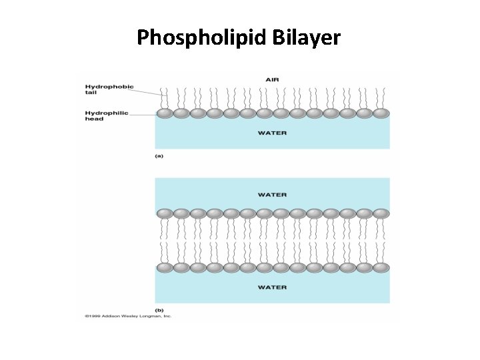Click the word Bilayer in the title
[307, 37]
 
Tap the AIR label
[272, 79]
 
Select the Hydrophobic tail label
[109, 89]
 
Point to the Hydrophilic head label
[106, 116]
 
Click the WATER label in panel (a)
[272, 133]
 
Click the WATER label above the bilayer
[272, 195]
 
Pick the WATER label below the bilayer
[272, 287]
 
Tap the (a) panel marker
[159, 155]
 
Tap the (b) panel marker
[159, 310]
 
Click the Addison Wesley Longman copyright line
[128, 316]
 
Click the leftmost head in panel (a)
[164, 113]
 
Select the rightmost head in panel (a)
[381, 113]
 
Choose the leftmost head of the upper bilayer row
[164, 213]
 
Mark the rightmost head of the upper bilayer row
[381, 213]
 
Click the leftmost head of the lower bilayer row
[164, 267]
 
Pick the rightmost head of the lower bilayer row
[381, 267]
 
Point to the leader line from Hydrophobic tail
[149, 92]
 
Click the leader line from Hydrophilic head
[141, 114]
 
